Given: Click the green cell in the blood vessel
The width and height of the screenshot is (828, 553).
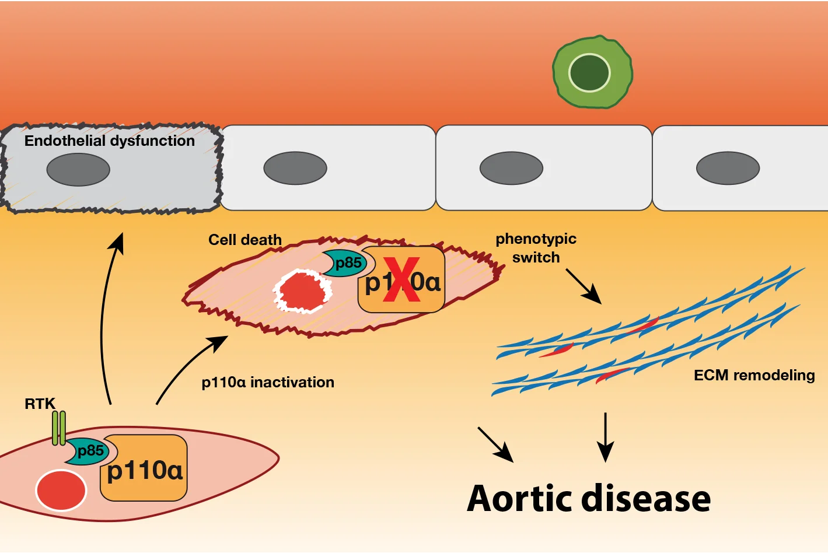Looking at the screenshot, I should (592, 72).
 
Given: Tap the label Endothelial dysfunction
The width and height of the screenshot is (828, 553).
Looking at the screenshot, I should (110, 141).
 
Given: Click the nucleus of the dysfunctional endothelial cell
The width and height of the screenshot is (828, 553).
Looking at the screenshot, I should (78, 170).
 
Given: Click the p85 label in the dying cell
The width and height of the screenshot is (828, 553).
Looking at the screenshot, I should (348, 263).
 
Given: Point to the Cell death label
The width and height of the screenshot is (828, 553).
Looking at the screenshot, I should (245, 240).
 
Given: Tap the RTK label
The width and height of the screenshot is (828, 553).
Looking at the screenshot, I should (40, 404).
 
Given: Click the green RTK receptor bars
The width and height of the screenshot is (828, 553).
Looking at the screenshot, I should (59, 428).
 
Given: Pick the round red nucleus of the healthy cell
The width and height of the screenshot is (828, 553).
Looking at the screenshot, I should (61, 490).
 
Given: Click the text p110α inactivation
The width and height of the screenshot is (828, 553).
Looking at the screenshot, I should (268, 383).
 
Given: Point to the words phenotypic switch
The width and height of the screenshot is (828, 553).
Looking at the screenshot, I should (536, 248).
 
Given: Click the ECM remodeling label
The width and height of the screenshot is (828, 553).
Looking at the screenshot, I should (754, 375).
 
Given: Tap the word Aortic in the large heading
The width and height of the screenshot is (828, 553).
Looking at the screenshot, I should (520, 499).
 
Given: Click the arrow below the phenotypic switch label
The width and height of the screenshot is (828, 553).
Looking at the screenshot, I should (583, 286).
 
